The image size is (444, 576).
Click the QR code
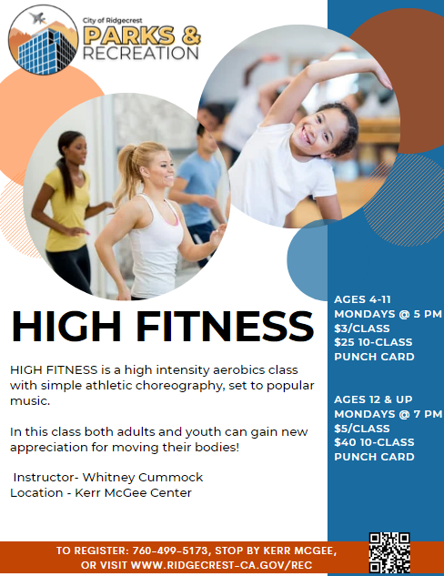coord(388,551)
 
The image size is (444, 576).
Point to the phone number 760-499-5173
coord(182,551)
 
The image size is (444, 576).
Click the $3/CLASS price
coord(362,328)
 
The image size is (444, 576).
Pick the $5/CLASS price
coord(362,428)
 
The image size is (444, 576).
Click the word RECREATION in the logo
coord(140,53)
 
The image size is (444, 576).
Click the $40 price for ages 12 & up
coord(347,442)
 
